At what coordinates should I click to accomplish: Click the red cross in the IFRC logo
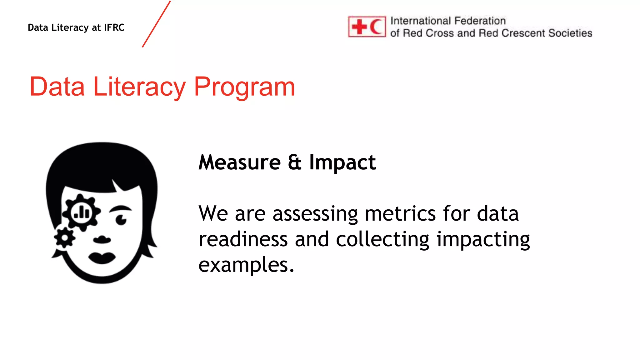coord(359,27)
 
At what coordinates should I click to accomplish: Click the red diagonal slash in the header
coord(156,24)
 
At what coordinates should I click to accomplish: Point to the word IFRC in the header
coord(114,27)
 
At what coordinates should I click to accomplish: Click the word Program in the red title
coord(244,87)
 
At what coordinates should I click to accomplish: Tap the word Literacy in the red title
coord(139,87)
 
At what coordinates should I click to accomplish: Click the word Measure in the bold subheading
coord(240,162)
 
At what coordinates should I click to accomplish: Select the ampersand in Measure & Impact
coord(295,162)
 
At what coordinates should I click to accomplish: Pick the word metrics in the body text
coord(400,214)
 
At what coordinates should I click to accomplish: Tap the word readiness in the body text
coord(243,239)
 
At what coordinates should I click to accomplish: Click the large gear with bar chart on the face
coord(81,212)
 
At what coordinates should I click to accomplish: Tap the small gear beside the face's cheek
coord(65,238)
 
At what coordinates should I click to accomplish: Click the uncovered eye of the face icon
coord(121,220)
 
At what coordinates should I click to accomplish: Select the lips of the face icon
coord(102,258)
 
